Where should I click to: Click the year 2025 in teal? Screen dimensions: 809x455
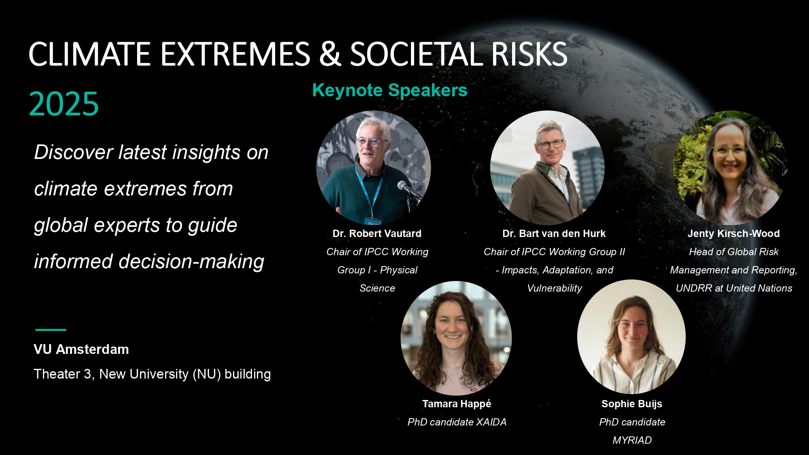[64, 104]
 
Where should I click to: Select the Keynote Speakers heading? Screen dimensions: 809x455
[390, 90]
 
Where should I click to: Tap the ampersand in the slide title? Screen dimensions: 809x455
[330, 54]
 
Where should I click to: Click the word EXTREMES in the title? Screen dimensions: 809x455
[235, 54]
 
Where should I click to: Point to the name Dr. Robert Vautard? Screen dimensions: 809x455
[377, 233]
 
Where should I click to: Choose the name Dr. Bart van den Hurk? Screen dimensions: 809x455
[554, 233]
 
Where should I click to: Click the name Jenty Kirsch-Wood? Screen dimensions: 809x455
[734, 233]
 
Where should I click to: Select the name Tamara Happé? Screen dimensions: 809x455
[457, 404]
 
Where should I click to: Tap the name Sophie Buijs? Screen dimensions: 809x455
[632, 404]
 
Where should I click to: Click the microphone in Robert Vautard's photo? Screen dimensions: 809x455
[409, 190]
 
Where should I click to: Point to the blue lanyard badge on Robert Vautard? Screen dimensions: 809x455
[372, 220]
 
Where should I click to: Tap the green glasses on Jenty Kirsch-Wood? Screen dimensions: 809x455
[729, 151]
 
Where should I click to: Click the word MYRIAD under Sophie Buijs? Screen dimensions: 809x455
[632, 440]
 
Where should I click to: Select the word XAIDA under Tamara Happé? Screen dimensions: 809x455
[491, 422]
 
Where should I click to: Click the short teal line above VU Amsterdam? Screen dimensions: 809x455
[51, 330]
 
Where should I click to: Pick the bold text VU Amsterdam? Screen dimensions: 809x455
[81, 349]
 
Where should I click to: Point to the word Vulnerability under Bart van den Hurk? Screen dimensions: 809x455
[555, 288]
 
